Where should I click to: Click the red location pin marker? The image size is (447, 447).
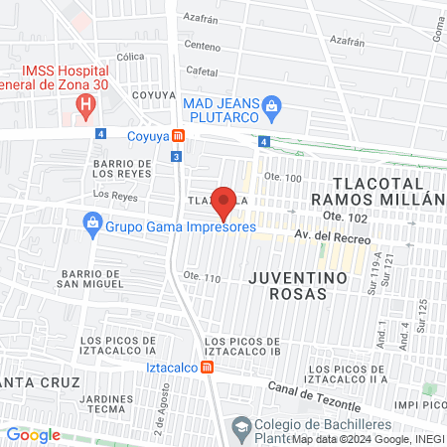point(224,202)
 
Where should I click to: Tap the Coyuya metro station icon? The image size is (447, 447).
point(177,135)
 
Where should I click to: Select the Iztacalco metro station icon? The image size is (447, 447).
point(207,367)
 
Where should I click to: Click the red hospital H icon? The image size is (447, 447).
point(87,102)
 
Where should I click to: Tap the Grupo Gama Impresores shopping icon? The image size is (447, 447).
point(91,223)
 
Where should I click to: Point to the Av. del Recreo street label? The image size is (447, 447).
point(333,239)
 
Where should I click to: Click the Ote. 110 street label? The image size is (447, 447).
point(202,277)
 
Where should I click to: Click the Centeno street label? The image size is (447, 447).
point(203,46)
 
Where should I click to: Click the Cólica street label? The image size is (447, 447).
point(131,57)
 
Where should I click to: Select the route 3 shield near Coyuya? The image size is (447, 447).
point(176,156)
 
